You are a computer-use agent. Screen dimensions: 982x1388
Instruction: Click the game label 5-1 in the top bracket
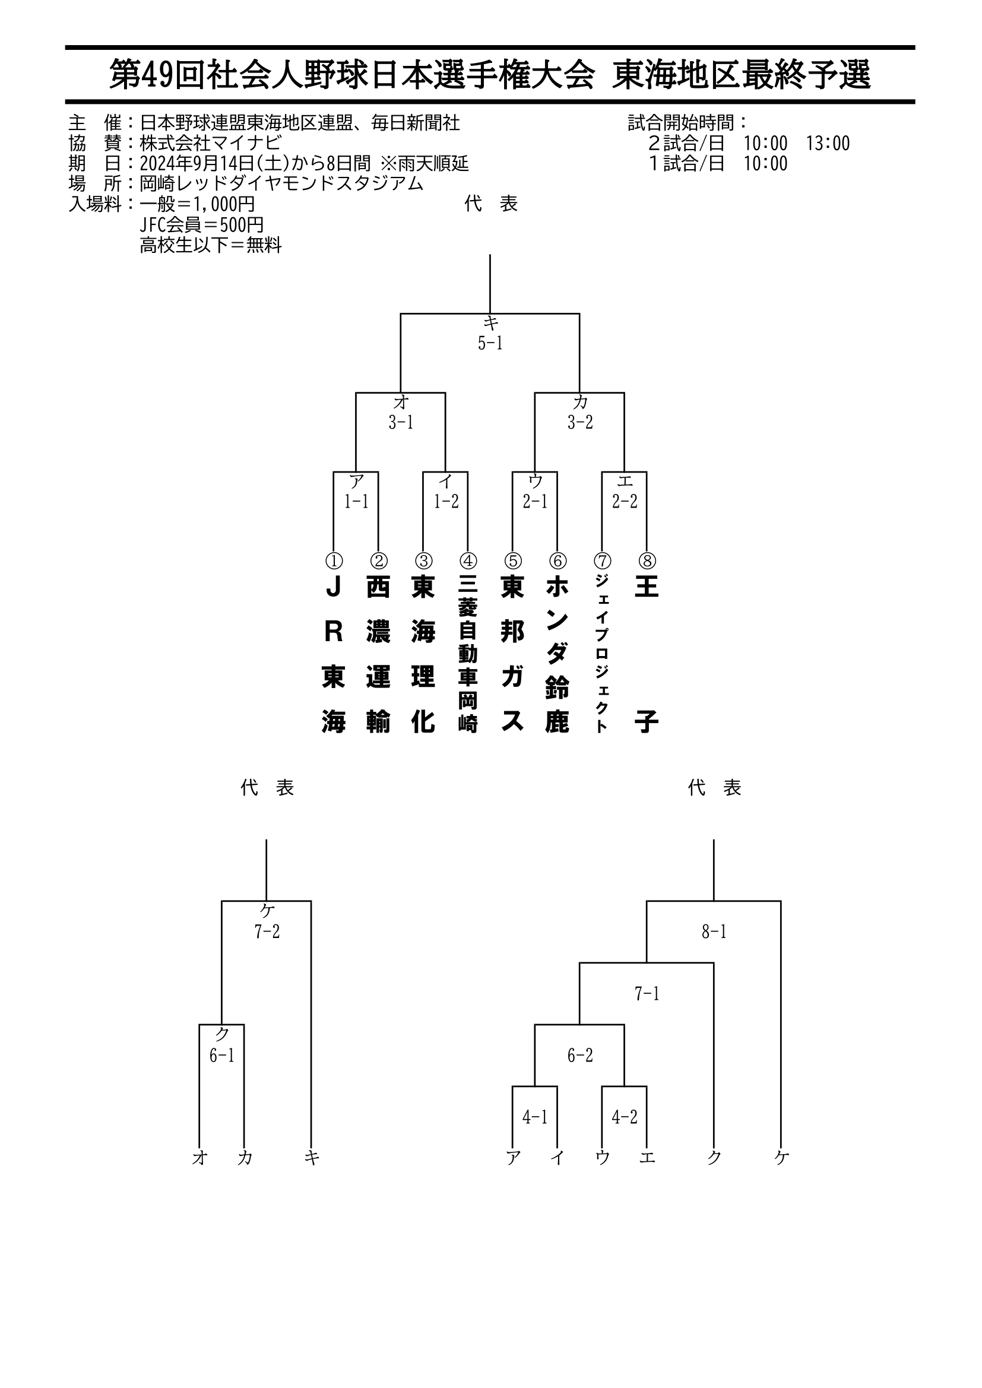(x=490, y=343)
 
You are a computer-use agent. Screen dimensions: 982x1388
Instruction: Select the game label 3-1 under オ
(x=401, y=423)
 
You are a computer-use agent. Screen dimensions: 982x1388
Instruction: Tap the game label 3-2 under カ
(x=580, y=423)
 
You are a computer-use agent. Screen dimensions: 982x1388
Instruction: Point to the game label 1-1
(x=356, y=501)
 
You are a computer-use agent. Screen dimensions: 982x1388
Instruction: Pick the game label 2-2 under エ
(x=625, y=501)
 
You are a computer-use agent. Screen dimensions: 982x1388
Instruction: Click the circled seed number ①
(x=334, y=561)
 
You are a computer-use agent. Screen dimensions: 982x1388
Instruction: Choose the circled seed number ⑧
(x=647, y=561)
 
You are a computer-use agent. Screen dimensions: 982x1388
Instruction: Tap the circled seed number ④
(x=468, y=561)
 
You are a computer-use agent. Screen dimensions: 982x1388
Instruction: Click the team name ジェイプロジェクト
(x=601, y=654)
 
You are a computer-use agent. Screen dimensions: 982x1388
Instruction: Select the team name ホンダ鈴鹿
(x=557, y=654)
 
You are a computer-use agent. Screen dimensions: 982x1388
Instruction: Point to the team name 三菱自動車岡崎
(x=468, y=654)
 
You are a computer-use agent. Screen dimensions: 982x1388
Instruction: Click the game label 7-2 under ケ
(x=267, y=931)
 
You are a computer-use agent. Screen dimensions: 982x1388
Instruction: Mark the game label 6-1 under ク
(x=222, y=1056)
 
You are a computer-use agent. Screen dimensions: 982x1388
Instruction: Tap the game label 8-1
(x=714, y=931)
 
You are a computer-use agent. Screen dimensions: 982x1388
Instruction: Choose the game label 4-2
(x=625, y=1117)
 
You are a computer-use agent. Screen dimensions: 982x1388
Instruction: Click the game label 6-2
(x=580, y=1056)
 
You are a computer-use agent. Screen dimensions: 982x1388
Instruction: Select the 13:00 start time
(x=828, y=143)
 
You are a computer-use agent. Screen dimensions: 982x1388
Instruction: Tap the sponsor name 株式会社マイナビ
(x=210, y=143)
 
